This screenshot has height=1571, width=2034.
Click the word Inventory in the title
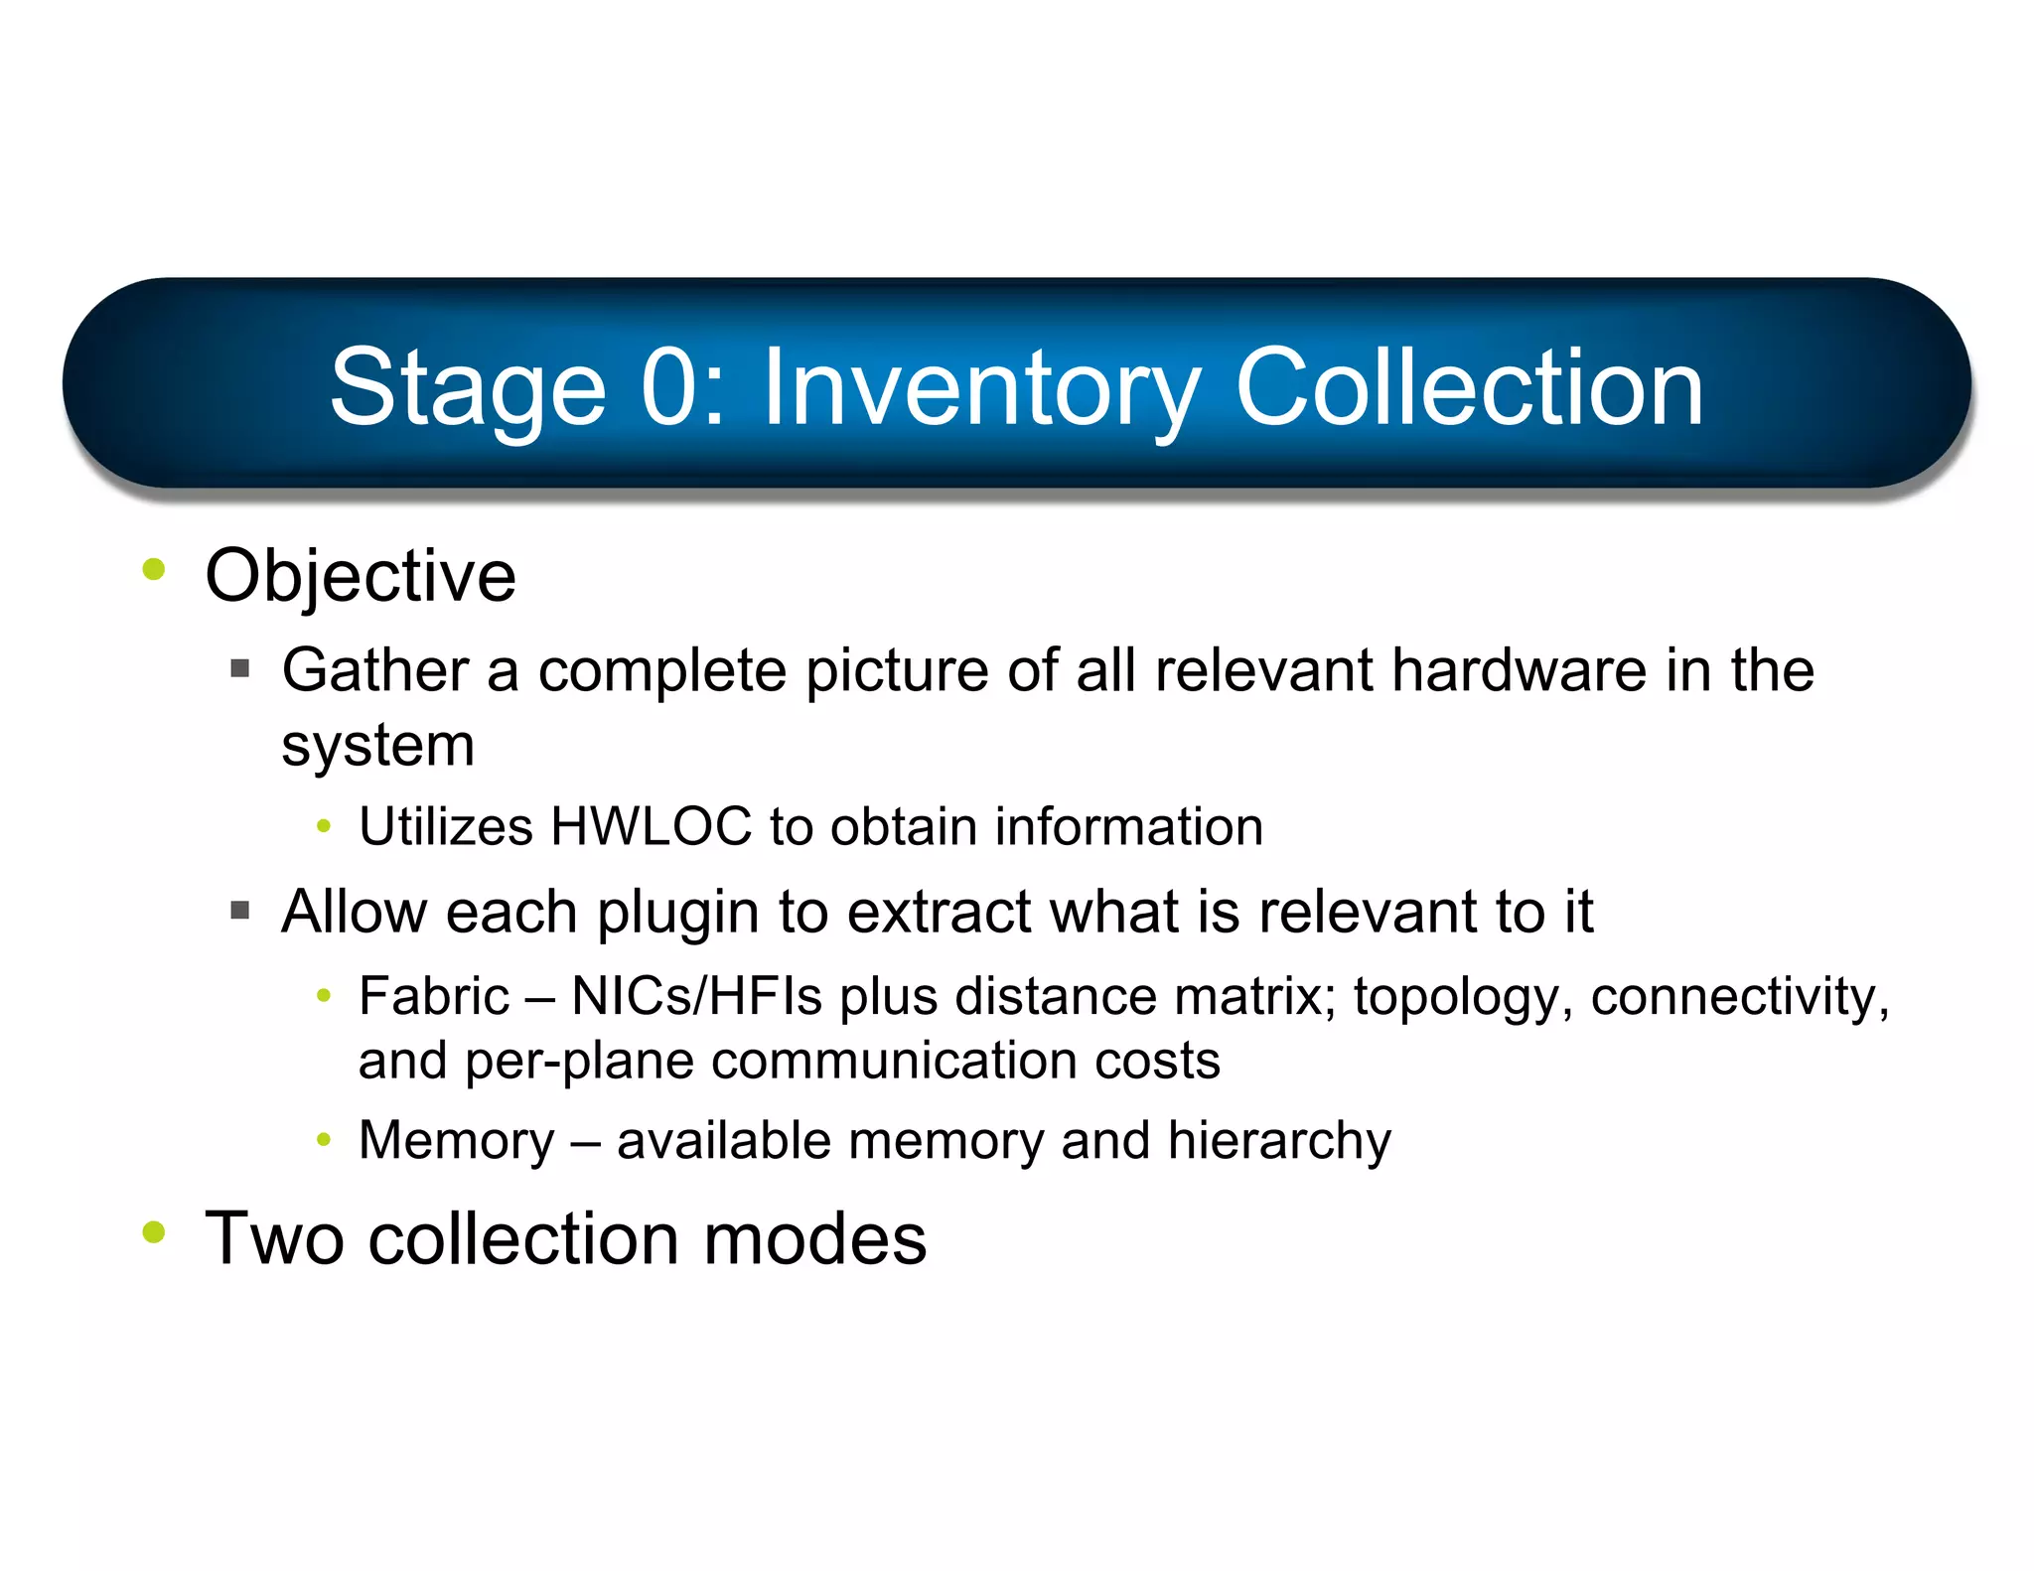click(981, 389)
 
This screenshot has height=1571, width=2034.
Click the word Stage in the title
click(468, 389)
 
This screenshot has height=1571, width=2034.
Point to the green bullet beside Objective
click(154, 569)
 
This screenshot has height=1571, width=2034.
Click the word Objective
click(361, 576)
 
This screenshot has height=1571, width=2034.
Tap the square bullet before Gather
click(239, 668)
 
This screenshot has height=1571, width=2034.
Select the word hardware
click(1519, 670)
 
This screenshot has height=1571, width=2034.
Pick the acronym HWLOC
click(652, 827)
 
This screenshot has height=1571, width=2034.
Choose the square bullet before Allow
click(239, 910)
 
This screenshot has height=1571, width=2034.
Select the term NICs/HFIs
click(696, 996)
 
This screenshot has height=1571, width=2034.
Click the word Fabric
click(434, 996)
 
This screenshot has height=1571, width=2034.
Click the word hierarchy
click(1279, 1141)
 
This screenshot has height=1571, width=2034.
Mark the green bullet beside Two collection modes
click(154, 1232)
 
